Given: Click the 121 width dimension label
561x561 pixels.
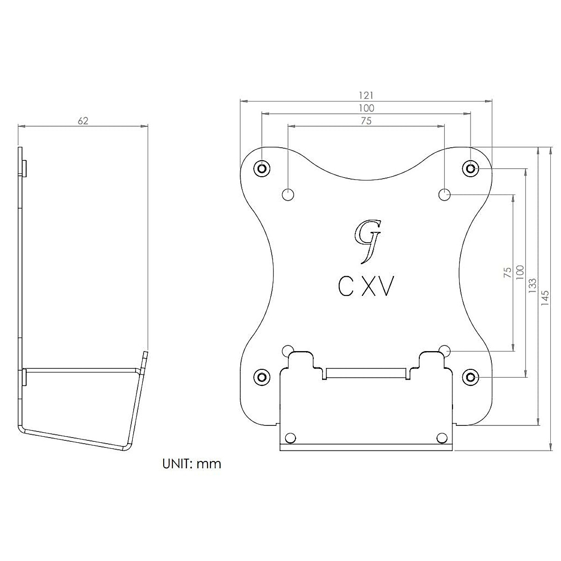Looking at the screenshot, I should (x=366, y=95).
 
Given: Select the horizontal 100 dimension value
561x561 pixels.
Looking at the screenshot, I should (x=366, y=108).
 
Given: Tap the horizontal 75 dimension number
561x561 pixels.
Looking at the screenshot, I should (x=366, y=121).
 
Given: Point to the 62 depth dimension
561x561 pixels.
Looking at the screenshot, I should (x=83, y=121).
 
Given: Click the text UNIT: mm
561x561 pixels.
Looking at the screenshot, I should (x=192, y=464).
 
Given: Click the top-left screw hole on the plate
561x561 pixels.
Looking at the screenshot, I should (x=262, y=168).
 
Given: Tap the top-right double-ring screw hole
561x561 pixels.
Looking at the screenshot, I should (x=470, y=168).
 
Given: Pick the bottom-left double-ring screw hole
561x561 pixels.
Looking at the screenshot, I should (x=262, y=376).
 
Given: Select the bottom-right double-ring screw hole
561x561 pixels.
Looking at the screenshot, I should (x=470, y=376).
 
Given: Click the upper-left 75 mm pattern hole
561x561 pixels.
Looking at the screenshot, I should (x=288, y=194).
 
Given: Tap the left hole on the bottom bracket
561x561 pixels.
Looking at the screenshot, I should (x=290, y=438).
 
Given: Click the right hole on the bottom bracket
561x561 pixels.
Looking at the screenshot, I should (x=441, y=438).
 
